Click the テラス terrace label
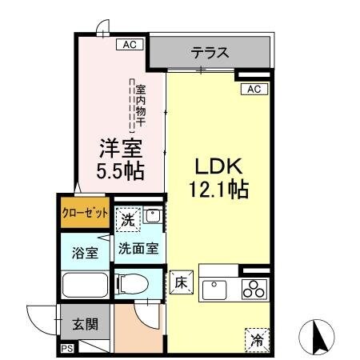210,54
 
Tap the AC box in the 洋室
129,44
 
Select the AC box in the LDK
254,89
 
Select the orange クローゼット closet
85,214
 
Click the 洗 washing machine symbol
129,216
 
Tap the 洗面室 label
138,248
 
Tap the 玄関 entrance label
86,325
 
